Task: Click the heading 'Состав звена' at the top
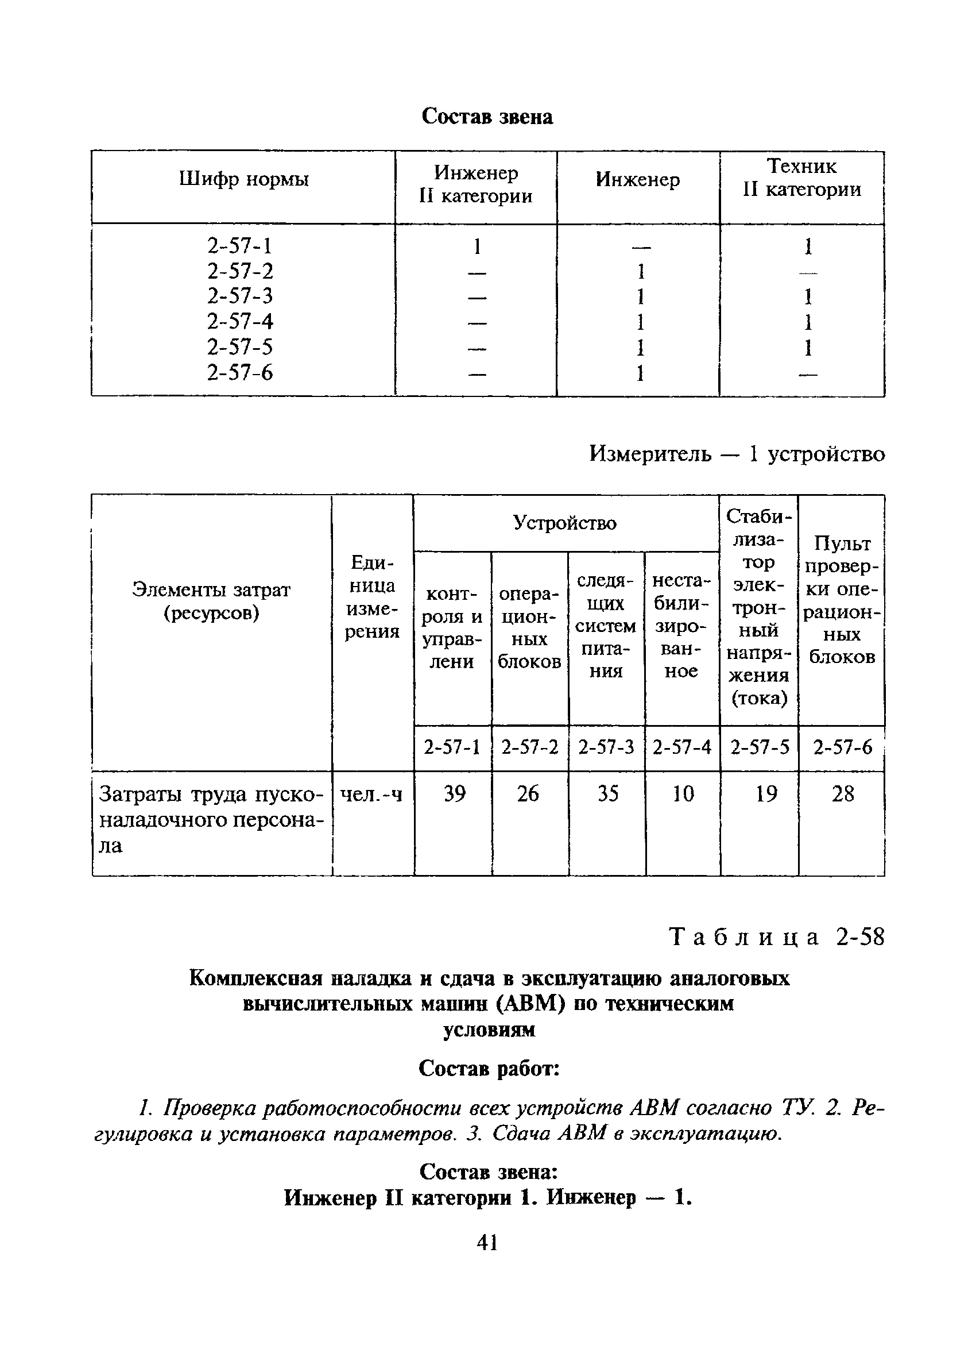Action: coord(487,116)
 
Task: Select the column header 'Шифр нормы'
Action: coord(243,179)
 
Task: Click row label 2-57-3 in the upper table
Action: coord(240,296)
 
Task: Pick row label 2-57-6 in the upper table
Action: coord(240,373)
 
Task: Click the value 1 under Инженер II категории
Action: coord(477,246)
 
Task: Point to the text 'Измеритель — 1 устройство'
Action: coord(737,454)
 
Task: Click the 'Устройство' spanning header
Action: coord(564,523)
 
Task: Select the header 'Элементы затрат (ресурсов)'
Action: coord(211,602)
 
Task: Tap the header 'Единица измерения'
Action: coord(372,596)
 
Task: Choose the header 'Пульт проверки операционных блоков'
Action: coord(842,600)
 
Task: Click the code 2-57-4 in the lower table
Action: coord(682,747)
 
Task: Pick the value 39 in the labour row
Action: coord(455,794)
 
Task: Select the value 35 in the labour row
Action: coord(607,794)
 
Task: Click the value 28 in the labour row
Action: coord(843,794)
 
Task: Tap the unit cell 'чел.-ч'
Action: coord(371,795)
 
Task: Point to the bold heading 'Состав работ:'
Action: coord(489,1068)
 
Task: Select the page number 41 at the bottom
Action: coord(487,1243)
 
